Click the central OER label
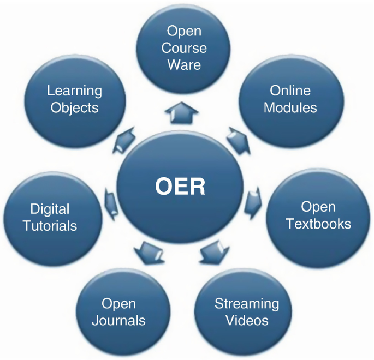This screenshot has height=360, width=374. (x=180, y=187)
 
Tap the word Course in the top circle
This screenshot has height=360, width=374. (x=184, y=48)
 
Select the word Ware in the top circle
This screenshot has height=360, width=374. (x=184, y=65)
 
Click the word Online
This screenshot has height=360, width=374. (x=290, y=91)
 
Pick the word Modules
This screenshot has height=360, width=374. (x=290, y=107)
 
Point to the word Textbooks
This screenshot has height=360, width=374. (x=318, y=224)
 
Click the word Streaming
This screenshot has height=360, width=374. (x=246, y=303)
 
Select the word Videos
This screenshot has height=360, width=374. (x=246, y=320)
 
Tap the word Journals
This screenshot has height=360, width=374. (x=118, y=320)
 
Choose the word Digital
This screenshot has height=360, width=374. (x=50, y=208)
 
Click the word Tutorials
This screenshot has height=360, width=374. (x=50, y=225)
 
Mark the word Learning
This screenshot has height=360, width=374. (x=74, y=91)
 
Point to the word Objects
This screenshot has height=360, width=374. (x=74, y=107)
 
